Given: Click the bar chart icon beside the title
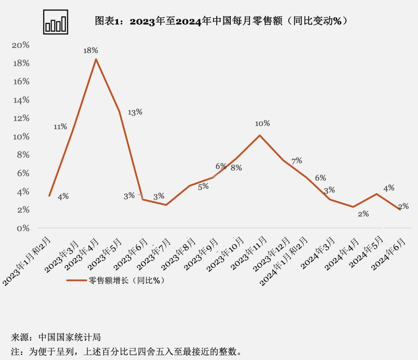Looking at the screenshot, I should tap(56, 22).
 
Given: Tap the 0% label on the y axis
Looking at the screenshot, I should tap(23, 228).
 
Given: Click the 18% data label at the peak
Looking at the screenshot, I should tap(91, 50).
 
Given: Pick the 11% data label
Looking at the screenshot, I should tap(60, 127).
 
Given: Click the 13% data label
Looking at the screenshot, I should tap(135, 112).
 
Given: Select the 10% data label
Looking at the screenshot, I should tap(262, 123).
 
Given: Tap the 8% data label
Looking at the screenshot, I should tap(236, 168).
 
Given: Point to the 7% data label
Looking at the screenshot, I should tap(296, 161).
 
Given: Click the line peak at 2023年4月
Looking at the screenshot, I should tap(96, 59).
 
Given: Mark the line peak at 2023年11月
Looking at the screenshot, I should tap(259, 135).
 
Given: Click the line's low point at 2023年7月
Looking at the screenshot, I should tap(166, 205).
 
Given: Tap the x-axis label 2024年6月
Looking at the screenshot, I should tap(389, 254).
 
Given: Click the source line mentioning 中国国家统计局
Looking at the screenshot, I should tap(56, 337).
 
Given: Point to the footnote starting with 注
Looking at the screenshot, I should tap(128, 352).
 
